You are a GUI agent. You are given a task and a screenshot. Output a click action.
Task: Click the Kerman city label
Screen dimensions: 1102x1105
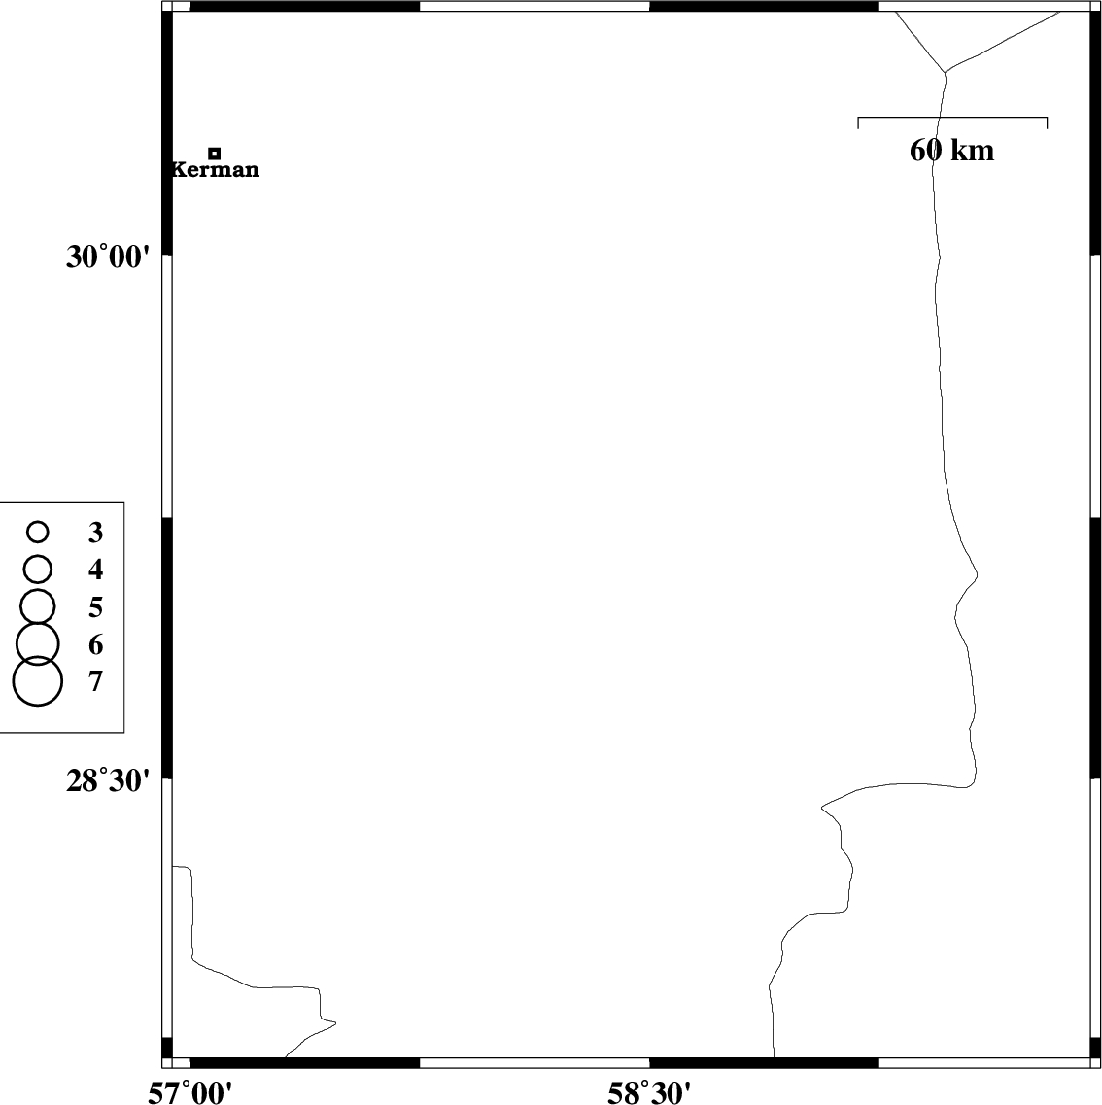click(216, 169)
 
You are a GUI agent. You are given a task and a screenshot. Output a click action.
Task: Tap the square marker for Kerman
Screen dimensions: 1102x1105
click(215, 153)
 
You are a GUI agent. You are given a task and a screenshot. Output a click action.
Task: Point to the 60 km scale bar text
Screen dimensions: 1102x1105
click(952, 150)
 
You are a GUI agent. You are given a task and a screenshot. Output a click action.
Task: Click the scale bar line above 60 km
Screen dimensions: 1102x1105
click(952, 117)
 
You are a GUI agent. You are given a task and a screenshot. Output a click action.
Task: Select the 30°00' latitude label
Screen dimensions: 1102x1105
click(109, 258)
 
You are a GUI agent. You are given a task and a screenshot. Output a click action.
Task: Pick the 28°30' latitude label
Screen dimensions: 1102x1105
click(109, 781)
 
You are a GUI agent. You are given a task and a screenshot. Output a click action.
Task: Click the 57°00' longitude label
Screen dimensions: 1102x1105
click(189, 1093)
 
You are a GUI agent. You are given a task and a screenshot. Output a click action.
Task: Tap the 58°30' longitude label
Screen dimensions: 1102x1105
click(649, 1093)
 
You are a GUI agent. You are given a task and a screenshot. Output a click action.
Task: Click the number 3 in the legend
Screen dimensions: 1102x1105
click(96, 533)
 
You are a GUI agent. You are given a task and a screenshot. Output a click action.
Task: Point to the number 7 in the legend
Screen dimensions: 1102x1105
click(96, 681)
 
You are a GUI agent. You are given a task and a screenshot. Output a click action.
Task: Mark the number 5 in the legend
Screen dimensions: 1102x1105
click(96, 606)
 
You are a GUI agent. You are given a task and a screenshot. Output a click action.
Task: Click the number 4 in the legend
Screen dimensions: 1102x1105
click(96, 570)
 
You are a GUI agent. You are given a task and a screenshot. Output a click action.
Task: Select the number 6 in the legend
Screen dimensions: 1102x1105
click(96, 644)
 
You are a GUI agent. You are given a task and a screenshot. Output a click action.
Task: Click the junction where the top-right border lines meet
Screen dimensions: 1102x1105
click(945, 72)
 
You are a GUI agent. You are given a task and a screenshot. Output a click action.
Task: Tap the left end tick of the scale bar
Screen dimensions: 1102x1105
click(857, 122)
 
